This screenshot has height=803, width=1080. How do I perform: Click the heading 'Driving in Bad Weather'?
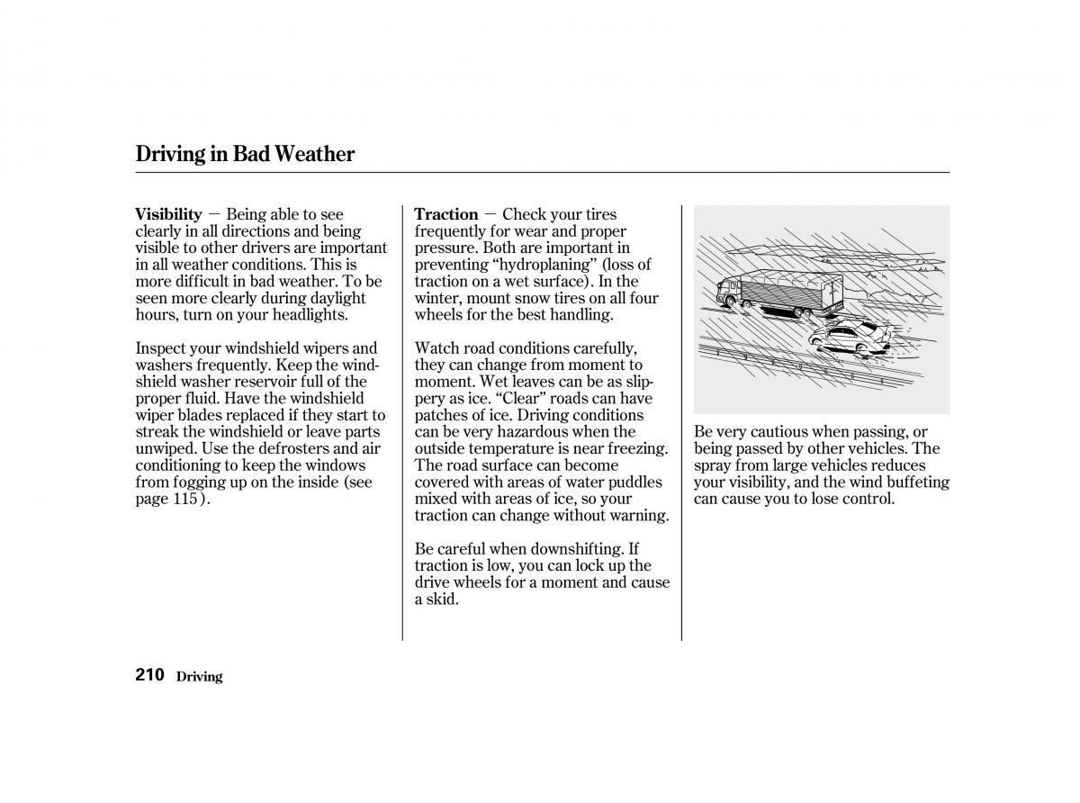point(245,154)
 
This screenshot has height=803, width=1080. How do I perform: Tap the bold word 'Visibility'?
point(168,214)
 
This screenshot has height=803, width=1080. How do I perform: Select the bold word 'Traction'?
point(445,214)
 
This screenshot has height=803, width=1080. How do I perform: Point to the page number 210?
point(149,675)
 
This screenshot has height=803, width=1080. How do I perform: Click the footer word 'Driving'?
point(199,677)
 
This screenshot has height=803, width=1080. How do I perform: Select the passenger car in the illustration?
point(850,336)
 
